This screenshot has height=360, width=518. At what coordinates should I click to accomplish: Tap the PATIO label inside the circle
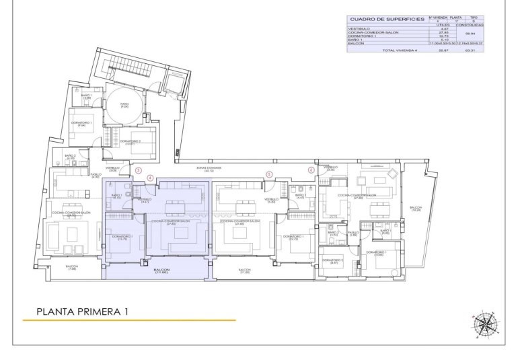[124, 105]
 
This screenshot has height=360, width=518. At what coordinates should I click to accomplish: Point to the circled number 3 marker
[138, 170]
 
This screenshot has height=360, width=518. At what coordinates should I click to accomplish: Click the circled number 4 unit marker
[151, 178]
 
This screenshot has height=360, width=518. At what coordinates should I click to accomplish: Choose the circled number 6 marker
[311, 170]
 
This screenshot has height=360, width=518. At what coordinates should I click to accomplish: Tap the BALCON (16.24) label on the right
[416, 209]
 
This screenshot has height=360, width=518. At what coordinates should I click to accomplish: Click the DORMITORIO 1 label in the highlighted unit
[122, 238]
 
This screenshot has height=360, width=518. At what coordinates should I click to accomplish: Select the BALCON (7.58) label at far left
[72, 268]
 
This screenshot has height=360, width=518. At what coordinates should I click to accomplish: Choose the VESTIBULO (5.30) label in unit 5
[271, 201]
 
